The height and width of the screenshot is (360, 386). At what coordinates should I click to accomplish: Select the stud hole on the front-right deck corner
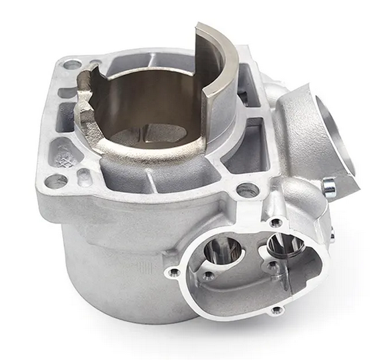coord(248,189)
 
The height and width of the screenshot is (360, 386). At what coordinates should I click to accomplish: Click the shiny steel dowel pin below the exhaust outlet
coord(328,188)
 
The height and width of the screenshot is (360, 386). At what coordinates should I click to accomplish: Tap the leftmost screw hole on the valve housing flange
coord(173,271)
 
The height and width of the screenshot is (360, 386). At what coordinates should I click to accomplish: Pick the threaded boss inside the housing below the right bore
coord(272,268)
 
